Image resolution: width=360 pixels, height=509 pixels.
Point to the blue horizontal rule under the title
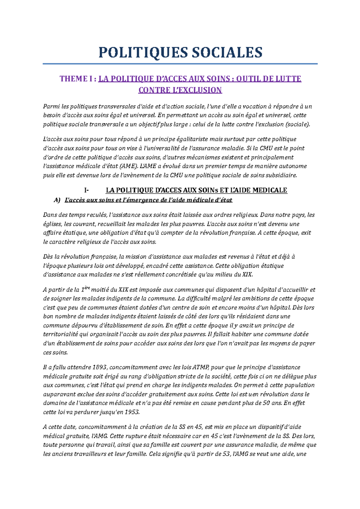180,64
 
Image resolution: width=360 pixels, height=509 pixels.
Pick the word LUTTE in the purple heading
289,79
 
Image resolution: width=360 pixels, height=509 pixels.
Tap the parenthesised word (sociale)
298,124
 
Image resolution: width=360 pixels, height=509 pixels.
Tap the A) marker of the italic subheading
57,200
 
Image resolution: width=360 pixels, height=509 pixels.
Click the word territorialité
60,334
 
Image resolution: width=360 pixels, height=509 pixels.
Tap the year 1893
100,367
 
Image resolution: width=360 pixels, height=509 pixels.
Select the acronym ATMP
202,367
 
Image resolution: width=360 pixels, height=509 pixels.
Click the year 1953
132,412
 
